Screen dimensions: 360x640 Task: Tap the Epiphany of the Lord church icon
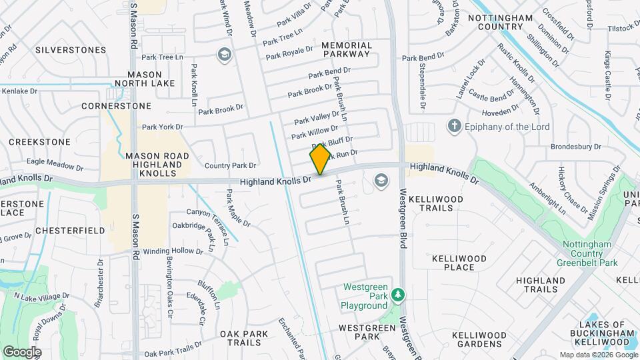(455, 125)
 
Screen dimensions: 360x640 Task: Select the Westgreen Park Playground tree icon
(398, 294)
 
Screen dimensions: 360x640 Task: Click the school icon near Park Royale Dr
(224, 54)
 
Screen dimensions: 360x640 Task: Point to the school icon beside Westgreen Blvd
(381, 180)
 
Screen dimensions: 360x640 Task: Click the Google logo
(22, 351)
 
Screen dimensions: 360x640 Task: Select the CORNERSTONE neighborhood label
(117, 106)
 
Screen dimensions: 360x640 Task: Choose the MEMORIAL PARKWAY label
(346, 49)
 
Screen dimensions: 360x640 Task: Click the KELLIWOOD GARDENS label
(478, 339)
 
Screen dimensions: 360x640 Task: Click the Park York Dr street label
(162, 127)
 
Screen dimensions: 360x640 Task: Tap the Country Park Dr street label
(230, 165)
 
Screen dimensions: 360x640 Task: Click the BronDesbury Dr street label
(577, 147)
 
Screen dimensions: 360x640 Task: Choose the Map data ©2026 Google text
(598, 355)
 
